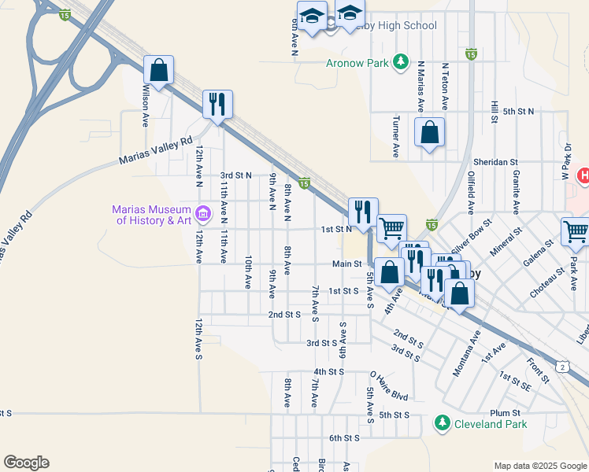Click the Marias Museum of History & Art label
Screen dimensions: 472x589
(152, 215)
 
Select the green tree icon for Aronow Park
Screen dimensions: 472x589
(401, 61)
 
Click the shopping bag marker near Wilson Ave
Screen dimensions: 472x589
(158, 71)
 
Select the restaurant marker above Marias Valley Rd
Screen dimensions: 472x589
(217, 105)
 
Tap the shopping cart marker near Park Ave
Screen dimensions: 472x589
(576, 233)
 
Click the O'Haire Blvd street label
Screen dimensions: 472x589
(389, 386)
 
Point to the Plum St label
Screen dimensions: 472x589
(505, 412)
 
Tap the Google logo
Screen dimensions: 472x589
(26, 463)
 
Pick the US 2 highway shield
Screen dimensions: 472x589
(561, 367)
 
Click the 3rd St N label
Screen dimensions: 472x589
(235, 175)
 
